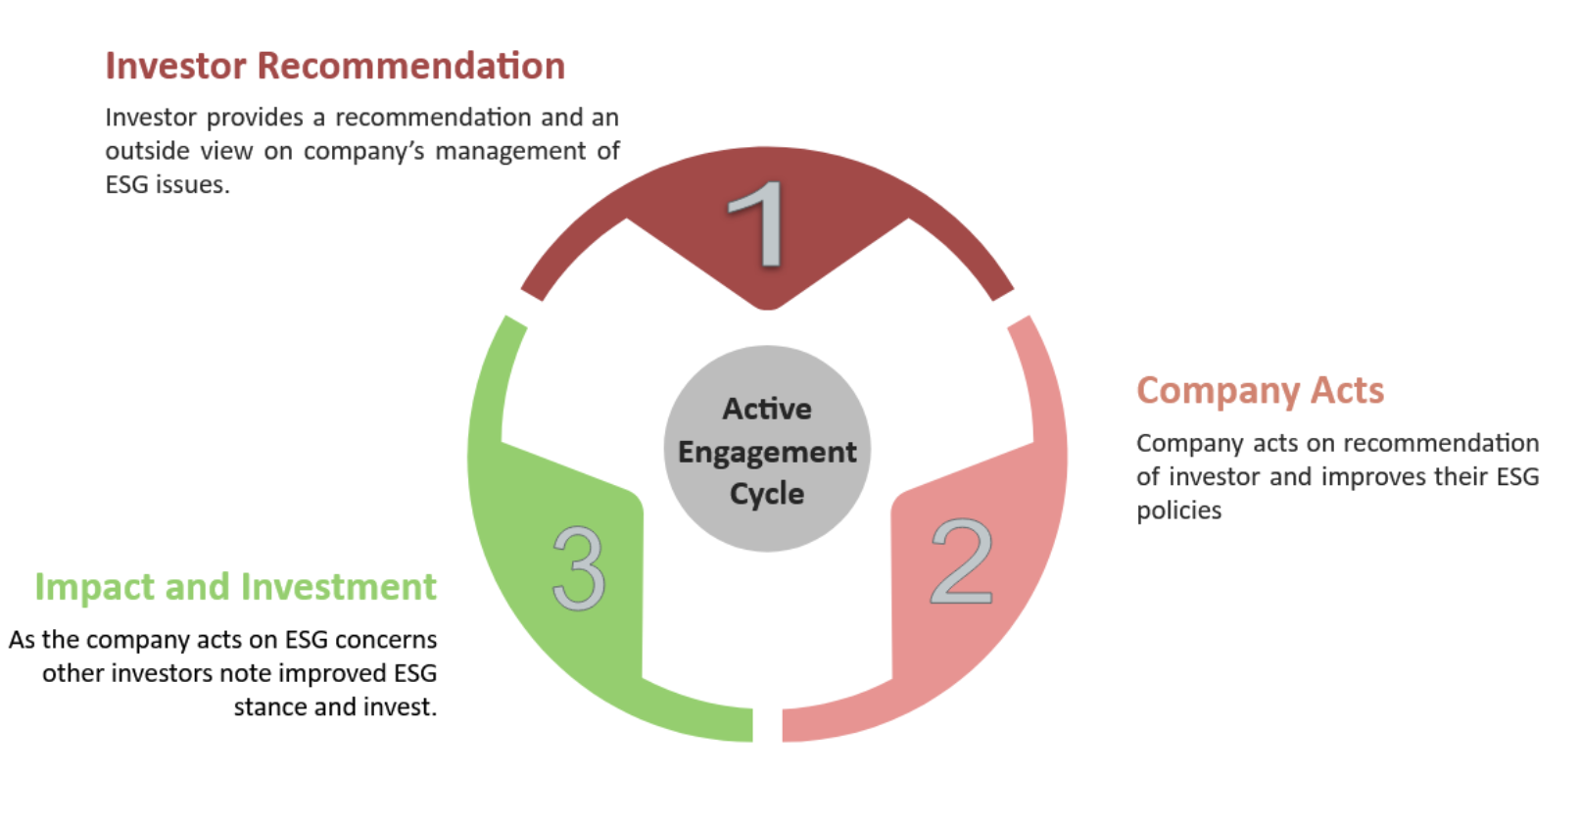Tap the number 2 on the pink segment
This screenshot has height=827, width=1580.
click(961, 562)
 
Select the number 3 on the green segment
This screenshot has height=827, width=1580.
click(578, 568)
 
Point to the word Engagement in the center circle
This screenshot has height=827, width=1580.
click(767, 452)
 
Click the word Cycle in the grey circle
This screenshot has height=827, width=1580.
click(767, 494)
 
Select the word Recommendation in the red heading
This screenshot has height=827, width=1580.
click(411, 66)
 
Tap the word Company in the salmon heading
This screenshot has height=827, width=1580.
click(1219, 391)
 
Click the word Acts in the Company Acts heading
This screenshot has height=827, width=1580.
click(1348, 391)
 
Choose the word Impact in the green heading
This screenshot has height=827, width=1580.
click(95, 587)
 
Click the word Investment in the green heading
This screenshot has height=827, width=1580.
click(339, 587)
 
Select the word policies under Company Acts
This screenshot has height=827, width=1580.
click(1178, 511)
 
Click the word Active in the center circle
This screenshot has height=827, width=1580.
click(767, 409)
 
